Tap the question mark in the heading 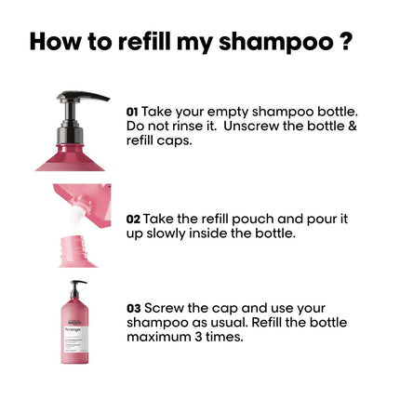point(345,42)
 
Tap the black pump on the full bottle point(77,287)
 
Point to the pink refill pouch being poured point(88,200)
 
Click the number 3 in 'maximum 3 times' point(200,337)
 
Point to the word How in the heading point(54,42)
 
